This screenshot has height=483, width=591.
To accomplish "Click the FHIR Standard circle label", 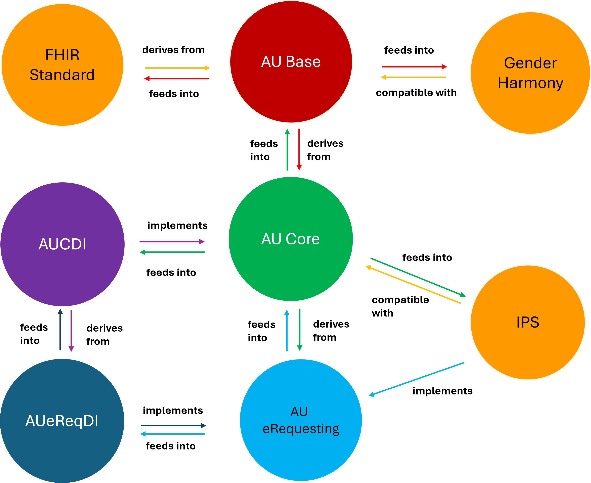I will pyautogui.click(x=62, y=65).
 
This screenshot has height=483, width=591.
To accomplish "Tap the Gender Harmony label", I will pyautogui.click(x=530, y=73).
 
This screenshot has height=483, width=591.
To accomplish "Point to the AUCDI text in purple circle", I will pyautogui.click(x=62, y=244).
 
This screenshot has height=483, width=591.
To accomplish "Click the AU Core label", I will pyautogui.click(x=290, y=239).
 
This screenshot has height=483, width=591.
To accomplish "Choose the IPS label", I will pyautogui.click(x=528, y=322).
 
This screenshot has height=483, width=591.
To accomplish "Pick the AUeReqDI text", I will pyautogui.click(x=62, y=421).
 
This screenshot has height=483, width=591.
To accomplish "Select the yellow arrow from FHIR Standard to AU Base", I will pyautogui.click(x=177, y=68).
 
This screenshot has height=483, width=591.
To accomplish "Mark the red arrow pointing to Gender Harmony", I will pyautogui.click(x=414, y=67).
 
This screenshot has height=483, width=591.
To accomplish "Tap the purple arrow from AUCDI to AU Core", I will pyautogui.click(x=172, y=241).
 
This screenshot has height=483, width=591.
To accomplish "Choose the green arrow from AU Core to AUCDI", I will pyautogui.click(x=172, y=252).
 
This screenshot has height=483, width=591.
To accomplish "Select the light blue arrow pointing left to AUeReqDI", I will pyautogui.click(x=173, y=434).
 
